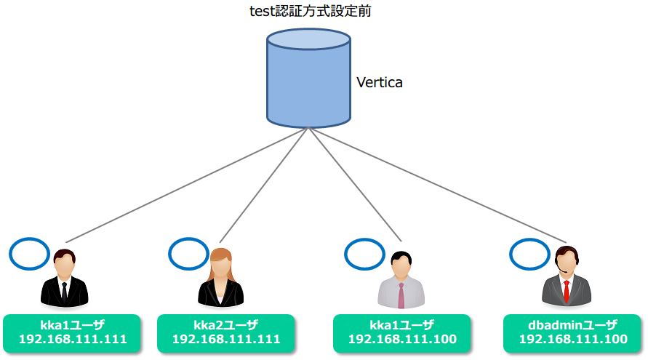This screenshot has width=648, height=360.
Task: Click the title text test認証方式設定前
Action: pos(310,11)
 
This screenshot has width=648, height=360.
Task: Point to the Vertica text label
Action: pos(380,82)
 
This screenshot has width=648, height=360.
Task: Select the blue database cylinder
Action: pos(308,78)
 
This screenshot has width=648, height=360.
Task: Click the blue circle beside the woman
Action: pos(189,254)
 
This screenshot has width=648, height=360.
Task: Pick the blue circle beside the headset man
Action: pos(529,255)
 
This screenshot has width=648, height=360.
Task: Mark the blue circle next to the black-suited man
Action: pos(29,254)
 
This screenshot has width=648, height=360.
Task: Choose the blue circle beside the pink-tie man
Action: pos(364,255)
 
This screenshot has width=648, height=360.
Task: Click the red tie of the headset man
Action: pos(566,291)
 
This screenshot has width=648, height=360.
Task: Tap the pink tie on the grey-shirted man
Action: pos(401,295)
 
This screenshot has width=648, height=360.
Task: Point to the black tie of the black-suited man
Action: pos(64,292)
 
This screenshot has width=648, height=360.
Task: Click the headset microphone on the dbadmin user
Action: pos(561,271)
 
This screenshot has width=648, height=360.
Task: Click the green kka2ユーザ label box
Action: pos(226,334)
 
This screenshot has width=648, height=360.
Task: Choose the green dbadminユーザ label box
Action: pos(572,334)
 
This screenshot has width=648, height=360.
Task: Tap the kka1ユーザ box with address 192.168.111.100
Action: pos(402,334)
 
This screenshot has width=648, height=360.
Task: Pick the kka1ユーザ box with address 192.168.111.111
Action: pos(72,334)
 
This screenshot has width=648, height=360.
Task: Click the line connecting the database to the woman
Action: pos(264,185)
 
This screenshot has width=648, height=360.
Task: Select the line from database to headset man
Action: pos(437,185)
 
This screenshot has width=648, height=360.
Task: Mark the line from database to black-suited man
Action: pos(187,185)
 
